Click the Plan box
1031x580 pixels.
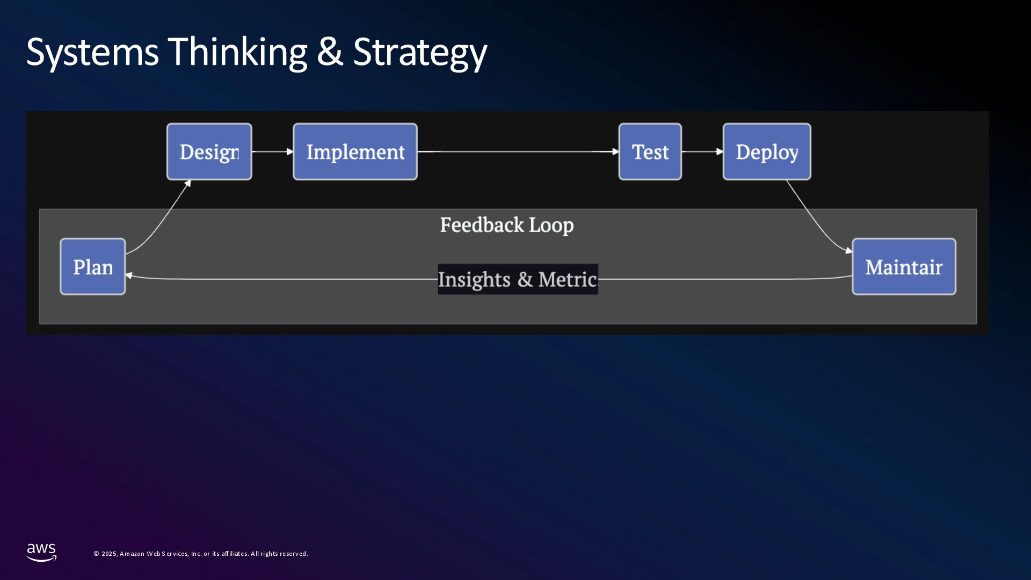pyautogui.click(x=93, y=267)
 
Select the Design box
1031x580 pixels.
pyautogui.click(x=209, y=152)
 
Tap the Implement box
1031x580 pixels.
pyautogui.click(x=355, y=152)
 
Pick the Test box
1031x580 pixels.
pyautogui.click(x=650, y=152)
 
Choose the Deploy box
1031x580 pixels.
pyautogui.click(x=766, y=152)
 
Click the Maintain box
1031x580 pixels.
pyautogui.click(x=904, y=267)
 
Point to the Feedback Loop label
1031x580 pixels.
pyautogui.click(x=506, y=225)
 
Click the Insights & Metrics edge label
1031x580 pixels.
pyautogui.click(x=518, y=279)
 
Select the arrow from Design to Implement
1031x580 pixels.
pyautogui.click(x=272, y=152)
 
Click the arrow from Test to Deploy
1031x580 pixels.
pyautogui.click(x=702, y=152)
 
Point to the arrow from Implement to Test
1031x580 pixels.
pyautogui.click(x=518, y=152)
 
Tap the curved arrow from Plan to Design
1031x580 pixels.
pyautogui.click(x=161, y=220)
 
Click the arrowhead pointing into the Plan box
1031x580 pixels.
pyautogui.click(x=129, y=275)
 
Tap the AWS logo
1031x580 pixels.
pyautogui.click(x=41, y=552)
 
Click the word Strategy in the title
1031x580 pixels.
pyautogui.click(x=420, y=53)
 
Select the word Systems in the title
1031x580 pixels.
pyautogui.click(x=92, y=53)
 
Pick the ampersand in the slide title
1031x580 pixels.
pyautogui.click(x=330, y=53)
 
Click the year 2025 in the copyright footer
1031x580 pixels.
pyautogui.click(x=109, y=554)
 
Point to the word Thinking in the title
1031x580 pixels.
pyautogui.click(x=237, y=53)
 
